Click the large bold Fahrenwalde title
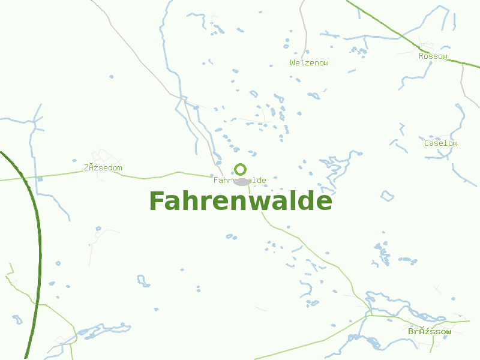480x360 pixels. click(240, 202)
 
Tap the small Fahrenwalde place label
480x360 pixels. click(240, 180)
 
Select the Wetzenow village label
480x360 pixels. click(309, 62)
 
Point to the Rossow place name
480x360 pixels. click(433, 56)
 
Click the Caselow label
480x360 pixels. click(440, 143)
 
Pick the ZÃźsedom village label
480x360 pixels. click(103, 167)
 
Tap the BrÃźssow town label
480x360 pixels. click(430, 331)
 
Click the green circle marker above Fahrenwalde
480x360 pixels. click(241, 169)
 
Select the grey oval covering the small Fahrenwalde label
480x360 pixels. click(242, 181)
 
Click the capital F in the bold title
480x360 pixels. click(157, 202)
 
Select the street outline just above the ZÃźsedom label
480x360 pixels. click(99, 156)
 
